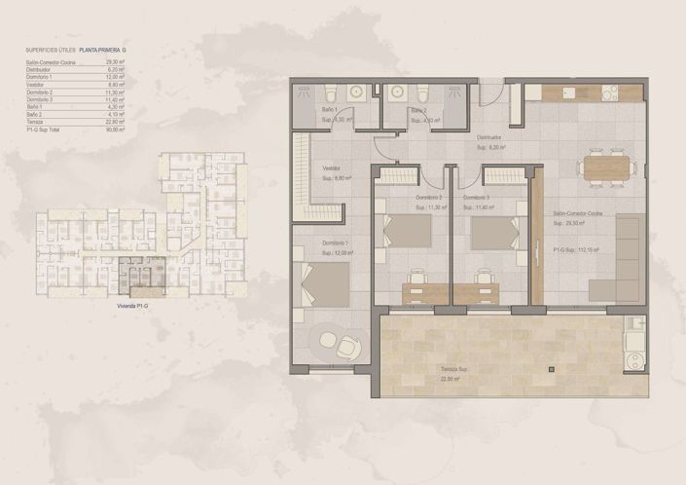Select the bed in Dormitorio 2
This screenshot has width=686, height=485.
pyautogui.click(x=406, y=231)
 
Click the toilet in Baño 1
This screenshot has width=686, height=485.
pyautogui.click(x=331, y=94)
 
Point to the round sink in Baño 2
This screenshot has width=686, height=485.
pyautogui.click(x=397, y=93)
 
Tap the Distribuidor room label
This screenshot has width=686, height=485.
pyautogui.click(x=488, y=137)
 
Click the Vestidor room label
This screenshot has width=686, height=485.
pyautogui.click(x=332, y=168)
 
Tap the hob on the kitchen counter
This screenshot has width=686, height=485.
pyautogui.click(x=610, y=93)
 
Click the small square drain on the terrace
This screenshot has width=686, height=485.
pyautogui.click(x=551, y=369)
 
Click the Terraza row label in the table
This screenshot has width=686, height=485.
pyautogui.click(x=35, y=121)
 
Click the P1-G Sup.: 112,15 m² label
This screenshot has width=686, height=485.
pyautogui.click(x=577, y=250)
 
